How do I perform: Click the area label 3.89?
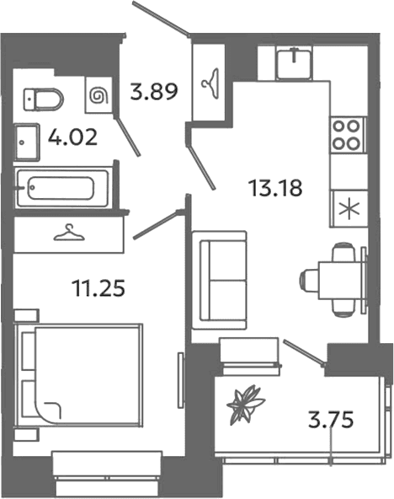(154, 92)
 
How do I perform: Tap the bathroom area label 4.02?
(72, 137)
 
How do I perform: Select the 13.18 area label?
(276, 188)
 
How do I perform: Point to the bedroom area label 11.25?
(98, 287)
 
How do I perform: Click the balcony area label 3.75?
(331, 420)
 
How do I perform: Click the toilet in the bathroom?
(43, 99)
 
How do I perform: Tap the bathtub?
(63, 189)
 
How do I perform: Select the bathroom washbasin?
(28, 142)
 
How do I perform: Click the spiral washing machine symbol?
(98, 95)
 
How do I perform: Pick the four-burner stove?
(348, 135)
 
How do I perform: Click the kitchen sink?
(294, 63)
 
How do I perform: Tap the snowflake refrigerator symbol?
(349, 209)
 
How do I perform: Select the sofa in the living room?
(219, 281)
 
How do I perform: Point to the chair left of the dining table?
(309, 280)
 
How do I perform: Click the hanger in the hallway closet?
(210, 83)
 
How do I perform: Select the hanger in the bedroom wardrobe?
(69, 233)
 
